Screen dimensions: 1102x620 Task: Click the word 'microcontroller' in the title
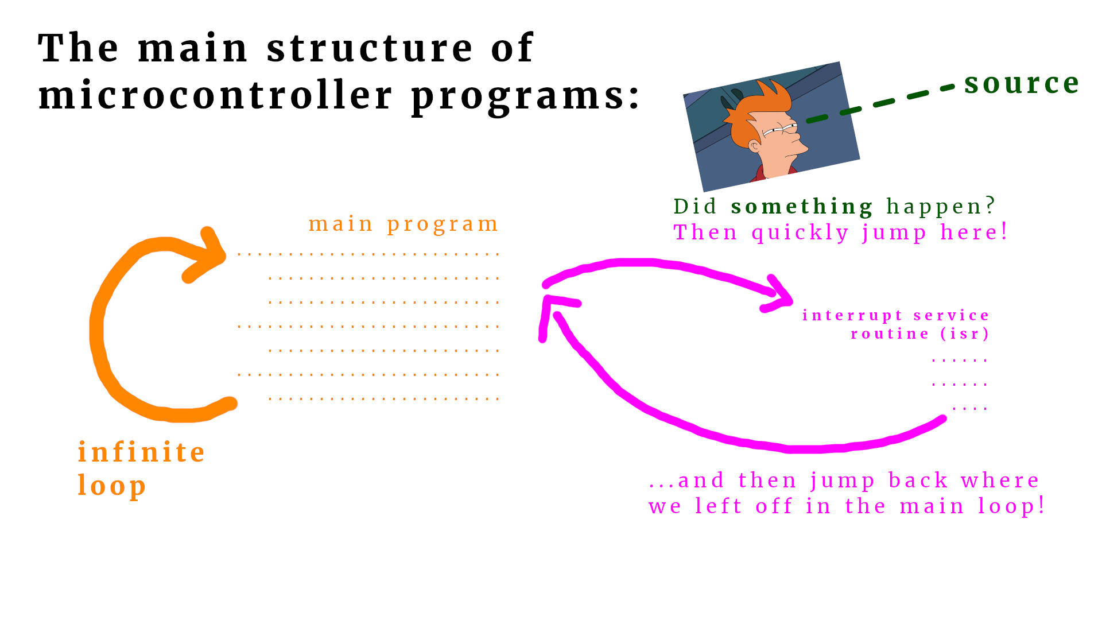216,95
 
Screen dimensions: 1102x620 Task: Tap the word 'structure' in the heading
370,48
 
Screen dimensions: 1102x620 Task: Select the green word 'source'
1022,84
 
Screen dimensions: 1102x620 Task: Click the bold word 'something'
802,206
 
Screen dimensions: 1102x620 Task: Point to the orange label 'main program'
403,224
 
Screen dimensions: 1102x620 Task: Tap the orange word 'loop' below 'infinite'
112,486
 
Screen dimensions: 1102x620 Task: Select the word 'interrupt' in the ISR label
852,315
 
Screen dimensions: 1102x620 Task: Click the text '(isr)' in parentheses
965,334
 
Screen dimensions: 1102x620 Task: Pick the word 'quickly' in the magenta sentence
800,232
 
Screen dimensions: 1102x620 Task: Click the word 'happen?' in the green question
941,206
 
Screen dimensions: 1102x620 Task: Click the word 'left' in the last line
719,506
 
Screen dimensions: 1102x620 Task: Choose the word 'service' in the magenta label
951,315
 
